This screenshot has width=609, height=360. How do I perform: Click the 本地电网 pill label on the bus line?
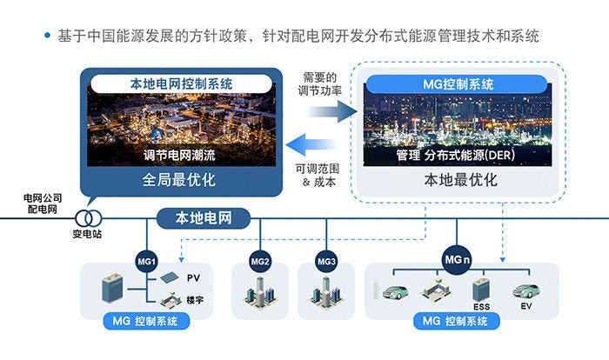(201, 217)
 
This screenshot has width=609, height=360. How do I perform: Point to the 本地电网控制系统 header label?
(181, 84)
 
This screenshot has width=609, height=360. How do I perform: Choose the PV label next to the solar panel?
(193, 277)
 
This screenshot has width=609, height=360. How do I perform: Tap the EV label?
(525, 306)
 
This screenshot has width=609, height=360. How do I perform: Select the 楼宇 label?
(194, 299)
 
